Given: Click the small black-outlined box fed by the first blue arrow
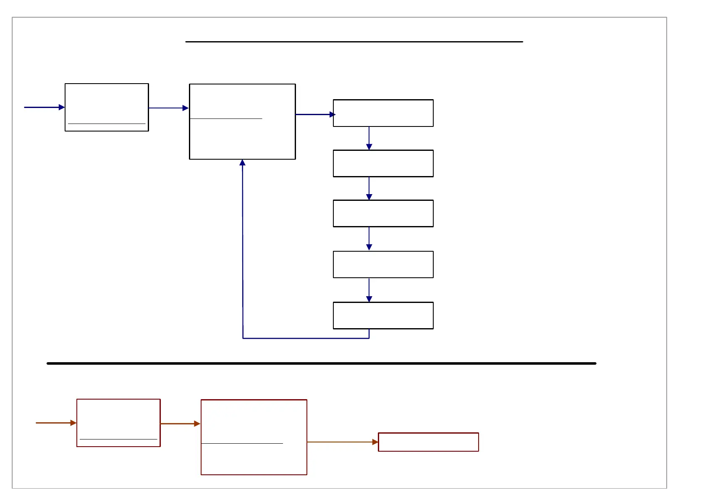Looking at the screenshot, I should point(107,107).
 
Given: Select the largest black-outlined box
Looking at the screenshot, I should point(242,122).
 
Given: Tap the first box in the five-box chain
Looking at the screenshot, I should point(383,113).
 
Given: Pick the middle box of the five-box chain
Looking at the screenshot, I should point(383,213).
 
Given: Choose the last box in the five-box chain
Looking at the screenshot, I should point(383,315).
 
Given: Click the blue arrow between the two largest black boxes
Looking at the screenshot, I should point(168,108).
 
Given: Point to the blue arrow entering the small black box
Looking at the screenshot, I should point(44,107).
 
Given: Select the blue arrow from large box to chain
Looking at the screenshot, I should point(315,114).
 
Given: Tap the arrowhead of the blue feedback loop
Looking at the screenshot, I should point(242,163).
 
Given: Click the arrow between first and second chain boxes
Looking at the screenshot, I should point(369,138).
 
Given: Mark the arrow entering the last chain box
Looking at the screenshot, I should point(369,290).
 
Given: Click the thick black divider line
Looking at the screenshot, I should point(321,363).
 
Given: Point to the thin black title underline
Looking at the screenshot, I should point(354,42).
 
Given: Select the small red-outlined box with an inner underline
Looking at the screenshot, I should point(118,423).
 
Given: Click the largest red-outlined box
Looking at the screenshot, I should point(254,437).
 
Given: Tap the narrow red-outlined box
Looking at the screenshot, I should point(428,442).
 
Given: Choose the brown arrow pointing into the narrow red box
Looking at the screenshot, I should point(343,442).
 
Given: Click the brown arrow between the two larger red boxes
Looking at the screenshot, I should point(180,424).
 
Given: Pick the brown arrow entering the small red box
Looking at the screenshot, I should point(56,423).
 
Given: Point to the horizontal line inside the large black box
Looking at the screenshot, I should point(226,119).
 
